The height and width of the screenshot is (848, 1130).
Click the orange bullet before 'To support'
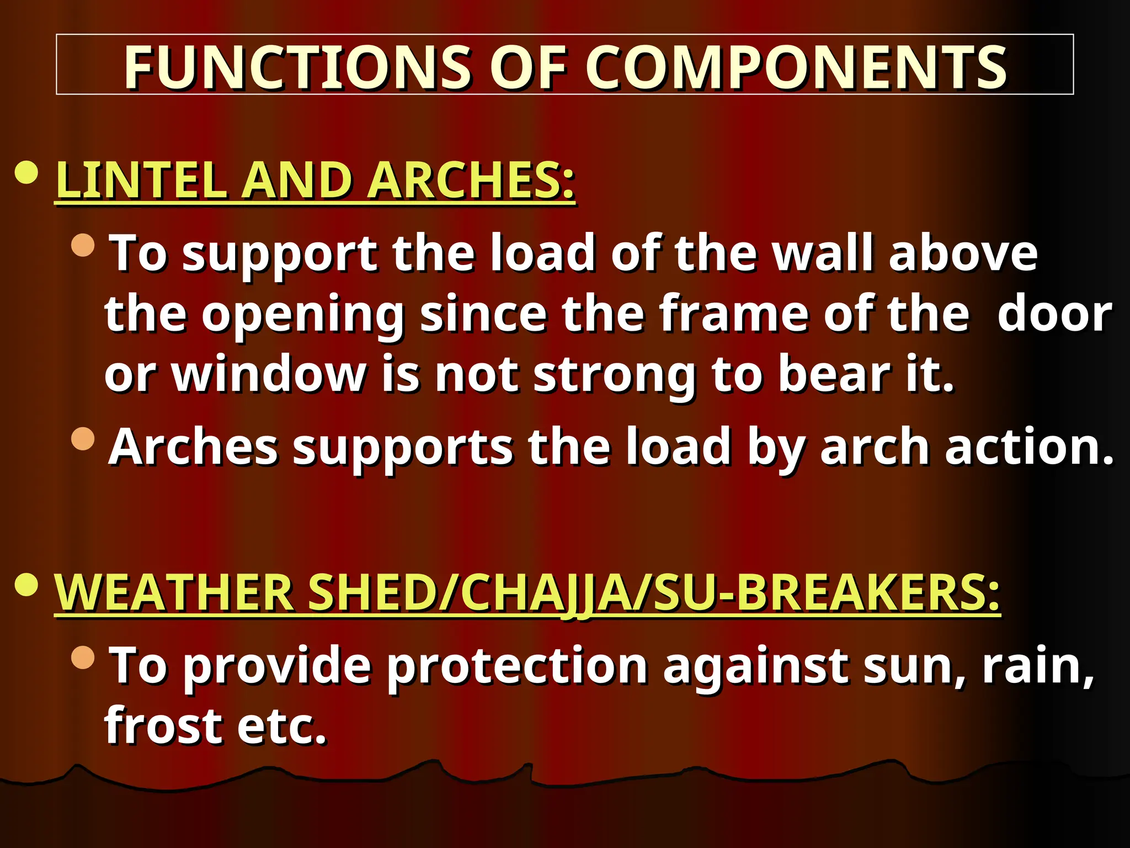pyautogui.click(x=83, y=245)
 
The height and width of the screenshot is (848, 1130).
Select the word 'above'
pyautogui.click(x=963, y=253)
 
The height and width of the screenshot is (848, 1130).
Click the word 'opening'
pyautogui.click(x=303, y=315)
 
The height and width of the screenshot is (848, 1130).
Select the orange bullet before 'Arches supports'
pyautogui.click(x=83, y=438)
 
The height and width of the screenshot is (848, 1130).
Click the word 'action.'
pyautogui.click(x=1029, y=447)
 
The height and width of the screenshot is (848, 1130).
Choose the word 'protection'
pyautogui.click(x=516, y=666)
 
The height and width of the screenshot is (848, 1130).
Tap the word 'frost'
pyautogui.click(x=163, y=725)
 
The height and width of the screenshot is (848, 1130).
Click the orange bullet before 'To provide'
pyautogui.click(x=83, y=657)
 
